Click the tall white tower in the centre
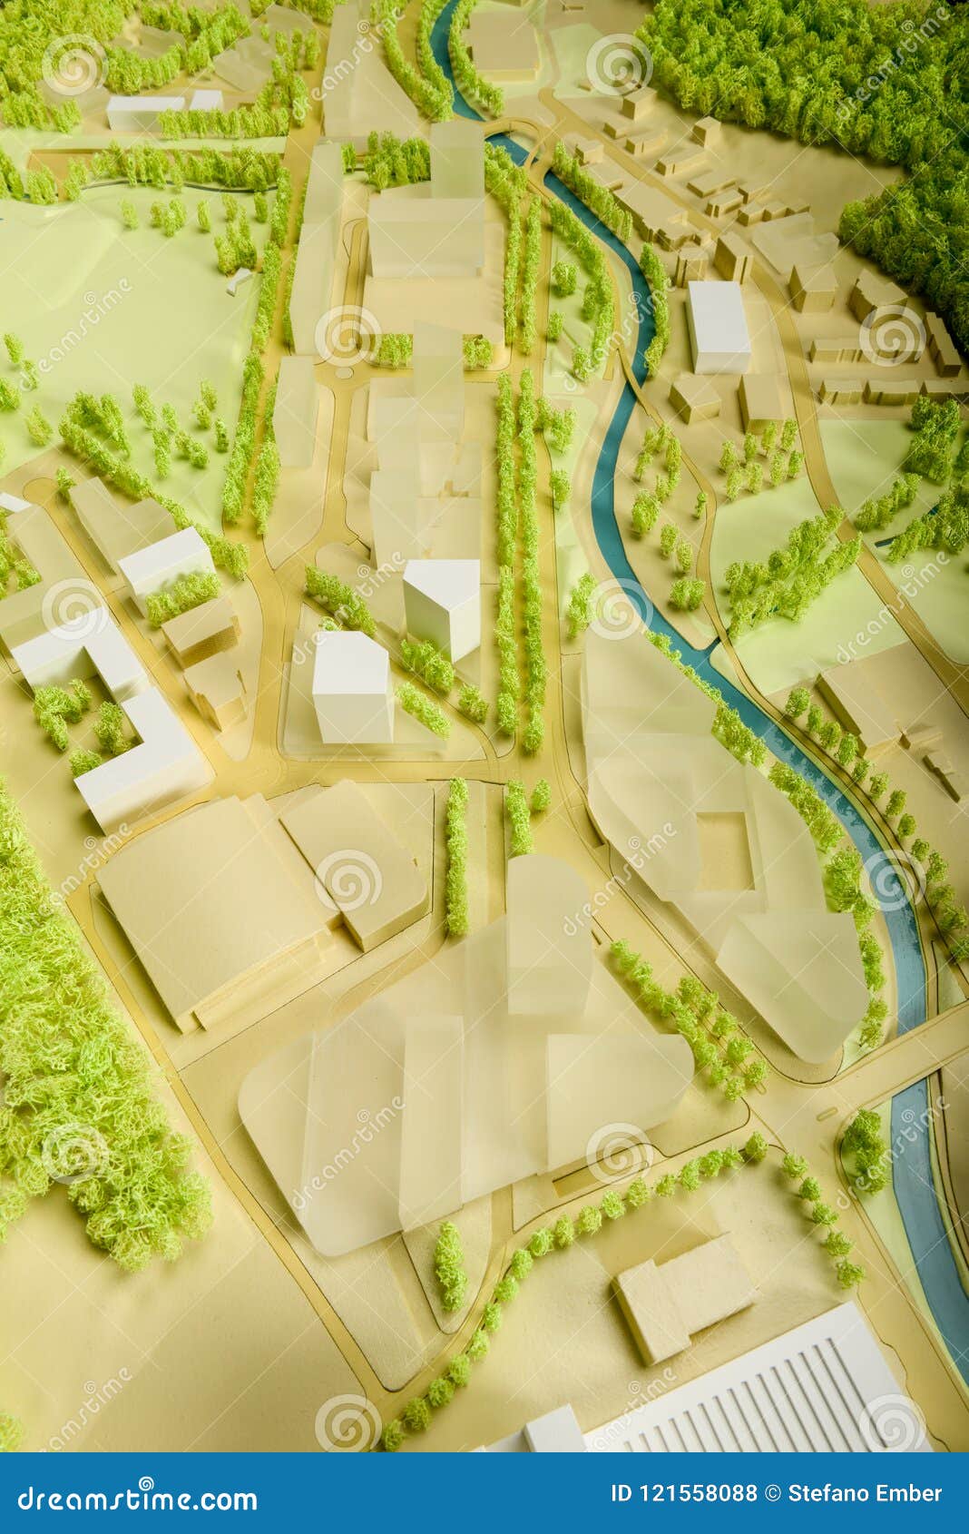click(443, 606)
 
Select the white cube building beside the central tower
click(352, 687)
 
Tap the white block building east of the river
click(719, 327)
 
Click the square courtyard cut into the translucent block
click(726, 849)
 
